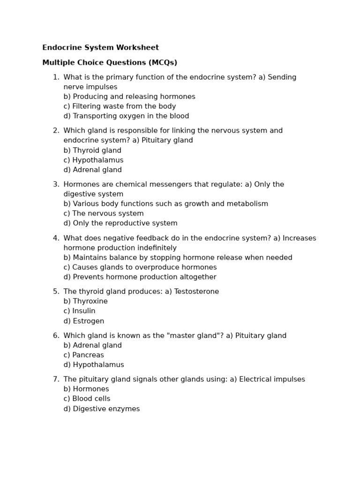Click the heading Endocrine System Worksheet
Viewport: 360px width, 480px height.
[x=100, y=48]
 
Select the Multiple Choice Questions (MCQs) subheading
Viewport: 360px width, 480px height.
[x=110, y=63]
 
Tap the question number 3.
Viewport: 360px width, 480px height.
[x=56, y=185]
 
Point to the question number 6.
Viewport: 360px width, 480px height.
[x=56, y=336]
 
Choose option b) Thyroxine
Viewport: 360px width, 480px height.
[x=85, y=301]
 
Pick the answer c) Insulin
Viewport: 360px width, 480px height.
[x=79, y=311]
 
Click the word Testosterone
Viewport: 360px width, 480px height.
[x=196, y=292]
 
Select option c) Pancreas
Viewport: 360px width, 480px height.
[x=83, y=355]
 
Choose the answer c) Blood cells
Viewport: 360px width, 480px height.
[x=87, y=399]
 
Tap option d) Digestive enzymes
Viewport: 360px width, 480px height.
[x=102, y=409]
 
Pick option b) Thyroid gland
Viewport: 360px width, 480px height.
[x=92, y=150]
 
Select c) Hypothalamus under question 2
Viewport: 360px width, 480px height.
[x=93, y=160]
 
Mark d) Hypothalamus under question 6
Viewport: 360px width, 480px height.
[x=94, y=365]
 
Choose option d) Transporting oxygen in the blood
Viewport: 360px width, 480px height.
[x=126, y=116]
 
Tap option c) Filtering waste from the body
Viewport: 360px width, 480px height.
[x=120, y=106]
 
